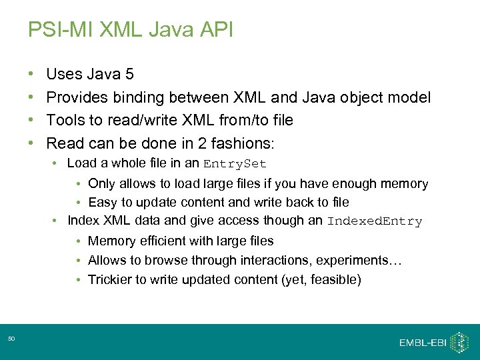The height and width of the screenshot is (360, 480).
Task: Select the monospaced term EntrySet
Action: click(x=235, y=164)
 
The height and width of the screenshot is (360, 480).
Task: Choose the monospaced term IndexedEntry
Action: click(x=375, y=221)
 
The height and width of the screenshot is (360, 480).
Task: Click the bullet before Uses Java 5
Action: click(x=31, y=75)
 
